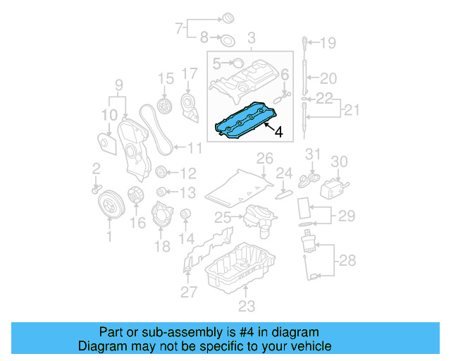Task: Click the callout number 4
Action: click(279, 131)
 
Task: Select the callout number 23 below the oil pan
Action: click(246, 306)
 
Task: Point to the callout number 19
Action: click(328, 44)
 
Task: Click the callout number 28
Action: click(347, 262)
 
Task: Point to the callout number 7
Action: click(179, 29)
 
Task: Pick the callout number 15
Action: click(166, 78)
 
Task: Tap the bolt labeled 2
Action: click(96, 188)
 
